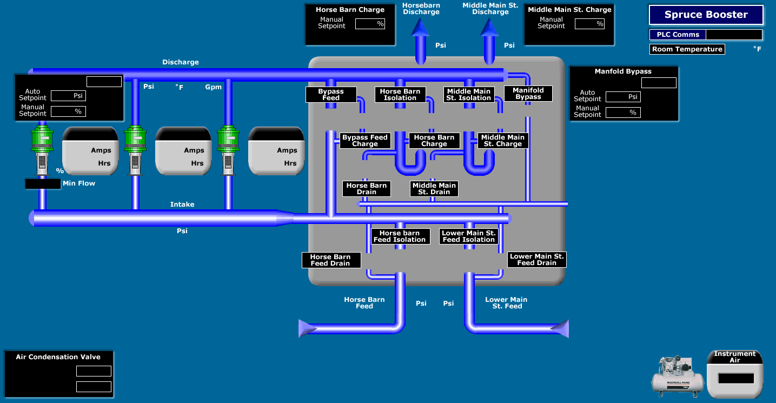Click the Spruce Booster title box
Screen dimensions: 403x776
click(706, 15)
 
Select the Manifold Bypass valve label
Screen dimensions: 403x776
click(528, 94)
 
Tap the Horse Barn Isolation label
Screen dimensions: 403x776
click(400, 95)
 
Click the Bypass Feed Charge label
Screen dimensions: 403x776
click(365, 141)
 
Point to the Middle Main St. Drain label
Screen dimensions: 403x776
click(434, 189)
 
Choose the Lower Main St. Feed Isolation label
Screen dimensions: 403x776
click(469, 236)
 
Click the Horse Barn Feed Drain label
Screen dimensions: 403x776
click(330, 260)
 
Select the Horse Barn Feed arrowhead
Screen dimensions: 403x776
click(307, 327)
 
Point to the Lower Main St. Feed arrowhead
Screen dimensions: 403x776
click(561, 328)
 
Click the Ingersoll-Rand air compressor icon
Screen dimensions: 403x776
click(678, 374)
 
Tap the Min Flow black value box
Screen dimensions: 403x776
click(43, 184)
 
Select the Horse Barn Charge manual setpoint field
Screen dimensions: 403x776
click(370, 24)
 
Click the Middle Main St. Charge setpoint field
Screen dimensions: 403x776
click(589, 24)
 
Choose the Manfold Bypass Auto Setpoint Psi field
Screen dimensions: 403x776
click(624, 97)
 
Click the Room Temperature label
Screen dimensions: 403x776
click(687, 49)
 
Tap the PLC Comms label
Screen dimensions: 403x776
click(678, 35)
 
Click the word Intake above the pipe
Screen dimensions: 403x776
click(182, 204)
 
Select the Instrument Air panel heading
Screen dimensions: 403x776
click(735, 357)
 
